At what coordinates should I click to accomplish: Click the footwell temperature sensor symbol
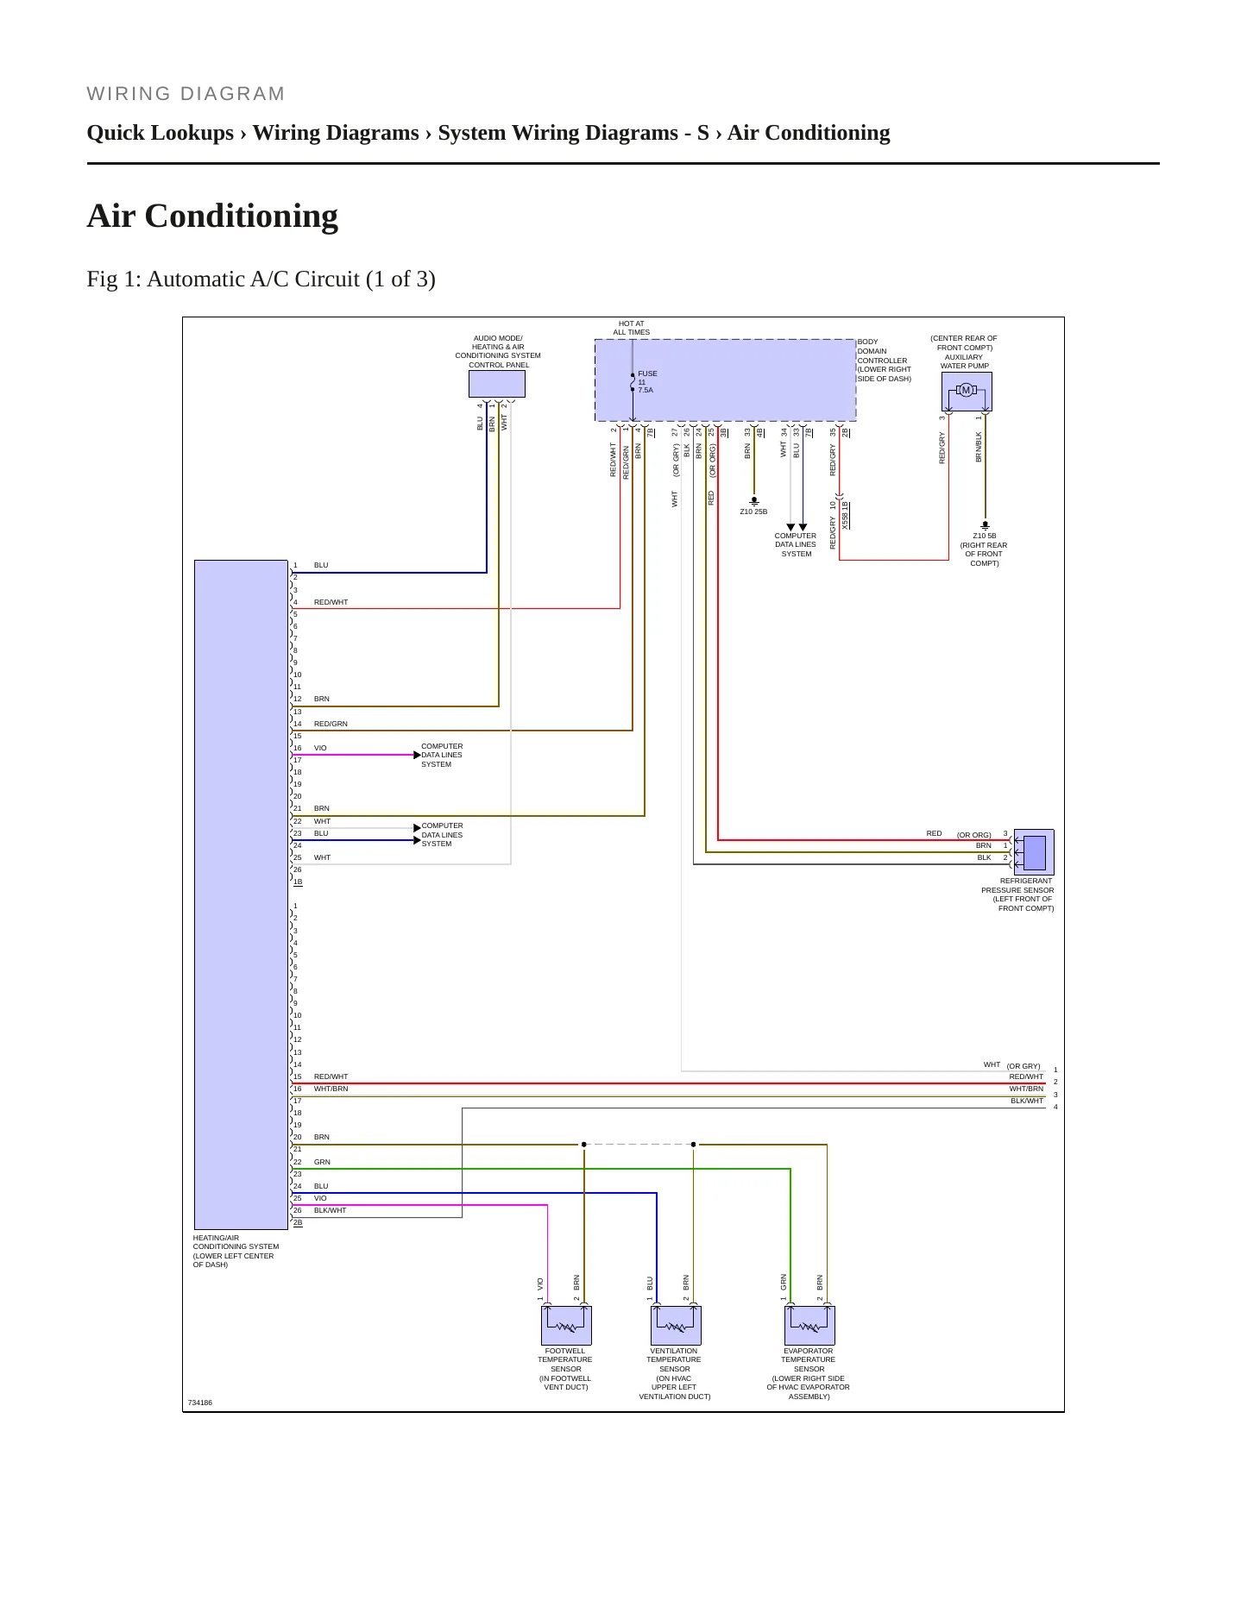pos(566,1325)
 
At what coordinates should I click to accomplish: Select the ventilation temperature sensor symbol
pos(676,1325)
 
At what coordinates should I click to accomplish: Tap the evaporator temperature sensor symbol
pos(809,1325)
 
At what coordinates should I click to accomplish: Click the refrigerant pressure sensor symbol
pos(1034,852)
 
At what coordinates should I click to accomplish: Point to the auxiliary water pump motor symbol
pos(967,392)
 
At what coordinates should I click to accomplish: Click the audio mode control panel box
pos(497,384)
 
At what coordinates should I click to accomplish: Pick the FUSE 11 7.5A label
pos(647,381)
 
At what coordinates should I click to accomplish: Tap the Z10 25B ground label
pos(753,512)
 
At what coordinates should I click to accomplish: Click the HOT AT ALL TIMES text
pos(632,328)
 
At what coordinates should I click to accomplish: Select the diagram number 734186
pos(200,1403)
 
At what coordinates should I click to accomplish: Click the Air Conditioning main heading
pos(212,216)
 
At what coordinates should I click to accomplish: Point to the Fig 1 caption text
pos(261,279)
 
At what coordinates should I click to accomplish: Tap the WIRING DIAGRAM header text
pos(186,94)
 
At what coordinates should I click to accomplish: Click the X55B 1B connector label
pos(846,515)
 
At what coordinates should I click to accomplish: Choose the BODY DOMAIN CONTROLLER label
pos(884,361)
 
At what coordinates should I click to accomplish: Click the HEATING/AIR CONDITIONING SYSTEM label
pos(236,1251)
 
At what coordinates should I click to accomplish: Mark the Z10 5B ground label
pos(984,549)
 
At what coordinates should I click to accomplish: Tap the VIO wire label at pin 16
pos(320,748)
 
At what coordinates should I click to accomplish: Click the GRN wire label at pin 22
pos(322,1162)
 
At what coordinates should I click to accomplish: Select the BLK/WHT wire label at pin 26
pos(330,1210)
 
